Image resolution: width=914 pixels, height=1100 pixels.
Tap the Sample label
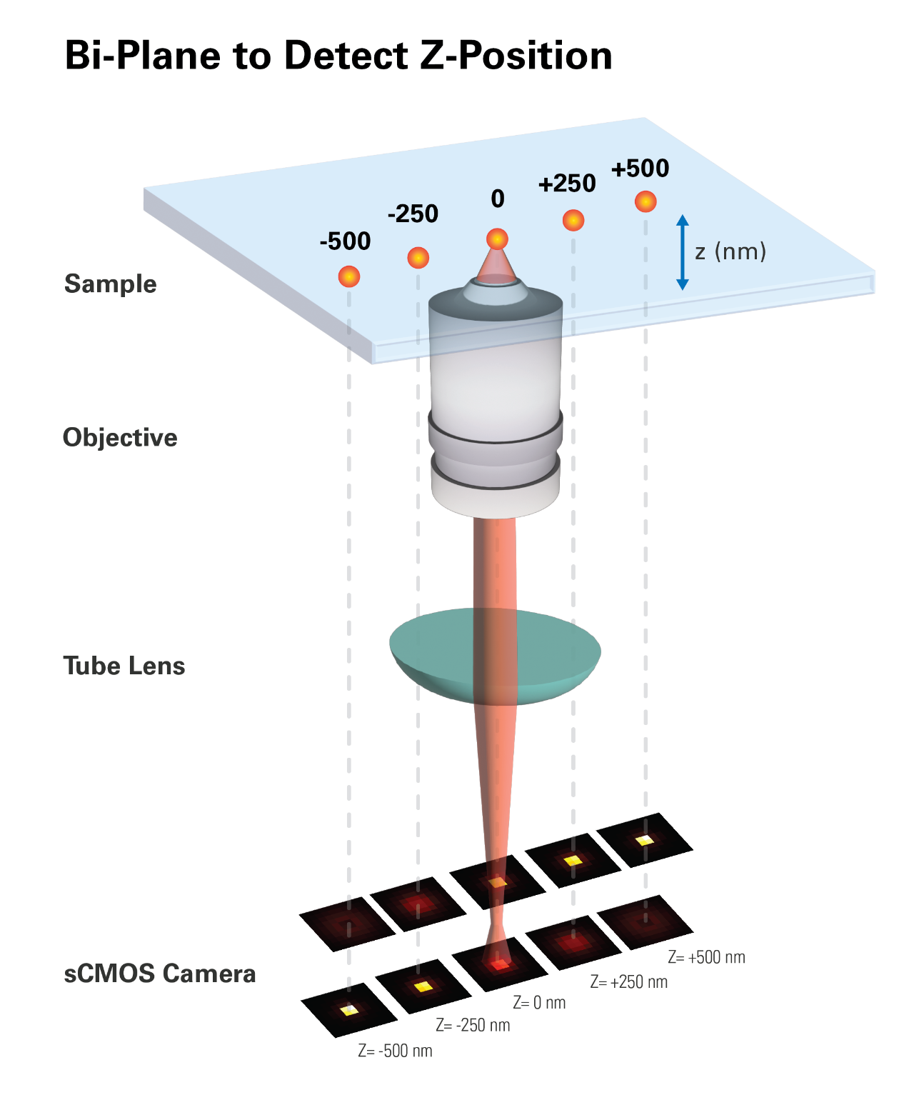110,284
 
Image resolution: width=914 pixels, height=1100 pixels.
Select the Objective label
120,437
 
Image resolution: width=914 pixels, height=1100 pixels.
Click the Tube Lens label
124,666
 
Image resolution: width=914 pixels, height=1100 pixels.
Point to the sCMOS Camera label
160,974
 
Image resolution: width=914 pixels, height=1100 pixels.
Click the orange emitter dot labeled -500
348,276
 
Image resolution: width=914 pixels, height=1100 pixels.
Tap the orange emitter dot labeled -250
418,257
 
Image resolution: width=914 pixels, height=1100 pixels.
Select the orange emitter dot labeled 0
497,239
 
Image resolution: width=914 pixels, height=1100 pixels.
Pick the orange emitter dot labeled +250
573,220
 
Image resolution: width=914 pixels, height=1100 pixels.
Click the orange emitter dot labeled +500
645,201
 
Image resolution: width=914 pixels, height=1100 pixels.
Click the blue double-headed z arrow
682,252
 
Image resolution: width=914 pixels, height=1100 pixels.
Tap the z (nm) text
730,251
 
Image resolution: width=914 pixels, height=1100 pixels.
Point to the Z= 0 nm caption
539,1003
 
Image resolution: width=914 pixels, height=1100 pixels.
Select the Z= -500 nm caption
395,1051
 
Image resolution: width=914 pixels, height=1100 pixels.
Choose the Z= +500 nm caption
706,957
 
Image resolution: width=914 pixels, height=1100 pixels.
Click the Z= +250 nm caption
628,982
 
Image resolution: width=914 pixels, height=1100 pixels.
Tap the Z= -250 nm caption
473,1026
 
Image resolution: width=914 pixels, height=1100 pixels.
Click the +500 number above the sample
640,169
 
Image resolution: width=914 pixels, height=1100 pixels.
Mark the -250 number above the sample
413,214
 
